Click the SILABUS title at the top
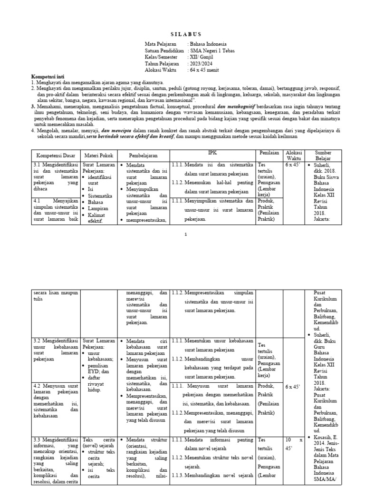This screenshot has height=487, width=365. click(x=186, y=34)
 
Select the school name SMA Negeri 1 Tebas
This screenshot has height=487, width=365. click(x=212, y=50)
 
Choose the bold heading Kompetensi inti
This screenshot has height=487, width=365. click(x=48, y=77)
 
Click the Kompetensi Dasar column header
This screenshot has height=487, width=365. click(x=56, y=156)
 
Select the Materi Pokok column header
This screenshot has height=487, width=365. click(x=97, y=156)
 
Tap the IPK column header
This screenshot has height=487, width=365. click(x=212, y=152)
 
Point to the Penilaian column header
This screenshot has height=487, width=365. click(x=269, y=153)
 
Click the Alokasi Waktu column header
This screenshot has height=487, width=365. click(x=294, y=156)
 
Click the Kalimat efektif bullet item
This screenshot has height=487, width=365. click(x=99, y=218)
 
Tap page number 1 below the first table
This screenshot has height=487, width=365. click(x=186, y=234)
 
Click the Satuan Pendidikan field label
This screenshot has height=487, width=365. click(x=164, y=50)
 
